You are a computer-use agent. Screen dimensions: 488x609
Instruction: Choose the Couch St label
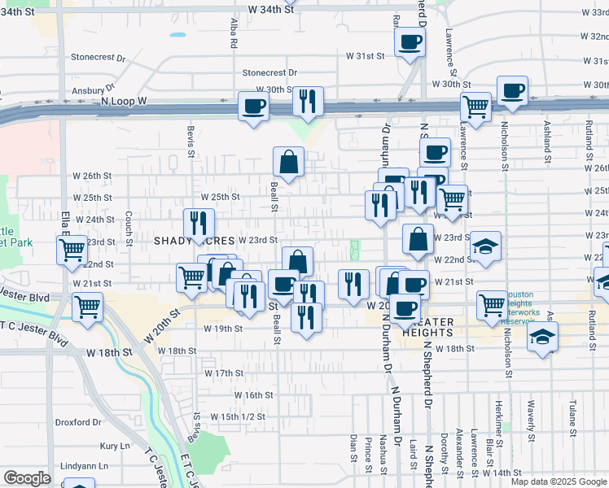tap(129, 229)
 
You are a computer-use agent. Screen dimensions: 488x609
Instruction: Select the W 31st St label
tap(364, 56)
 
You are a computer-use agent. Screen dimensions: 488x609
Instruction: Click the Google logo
tap(27, 478)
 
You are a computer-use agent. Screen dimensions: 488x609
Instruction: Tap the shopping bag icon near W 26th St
tap(288, 162)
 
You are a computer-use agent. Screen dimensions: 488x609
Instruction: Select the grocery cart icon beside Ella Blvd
tap(72, 249)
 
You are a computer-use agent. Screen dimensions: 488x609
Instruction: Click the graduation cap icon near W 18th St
tap(542, 337)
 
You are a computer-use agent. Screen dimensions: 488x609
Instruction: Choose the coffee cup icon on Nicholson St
tap(512, 91)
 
